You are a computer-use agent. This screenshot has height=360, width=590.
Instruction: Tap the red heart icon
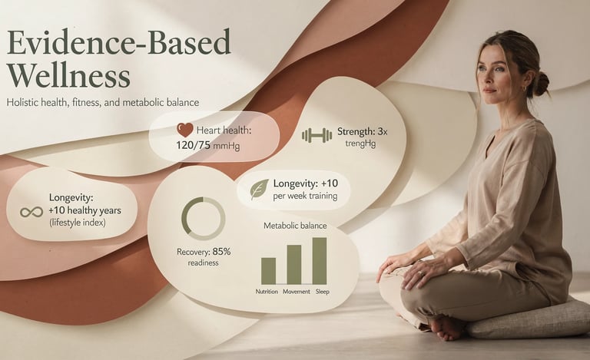click(184, 130)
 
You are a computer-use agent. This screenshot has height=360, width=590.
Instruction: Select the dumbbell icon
click(317, 136)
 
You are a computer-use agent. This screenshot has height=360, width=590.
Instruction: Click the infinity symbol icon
click(31, 210)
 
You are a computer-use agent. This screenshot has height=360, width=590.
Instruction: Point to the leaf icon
click(260, 190)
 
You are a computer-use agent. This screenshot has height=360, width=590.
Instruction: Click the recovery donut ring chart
click(203, 219)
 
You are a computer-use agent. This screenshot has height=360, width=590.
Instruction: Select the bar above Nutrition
click(268, 270)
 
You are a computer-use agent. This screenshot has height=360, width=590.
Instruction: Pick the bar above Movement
click(293, 264)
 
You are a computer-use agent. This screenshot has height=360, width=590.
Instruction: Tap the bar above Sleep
click(320, 260)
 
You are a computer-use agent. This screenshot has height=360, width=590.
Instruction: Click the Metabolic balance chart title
click(295, 226)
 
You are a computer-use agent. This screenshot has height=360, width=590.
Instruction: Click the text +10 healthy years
click(85, 210)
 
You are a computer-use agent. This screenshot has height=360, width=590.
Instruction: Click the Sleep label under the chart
click(323, 292)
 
